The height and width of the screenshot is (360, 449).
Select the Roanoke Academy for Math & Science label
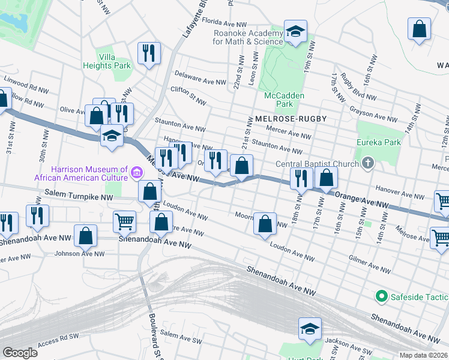click(x=247, y=38)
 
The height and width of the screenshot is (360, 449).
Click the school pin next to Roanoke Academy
click(x=295, y=33)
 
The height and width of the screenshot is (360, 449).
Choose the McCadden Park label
click(x=284, y=100)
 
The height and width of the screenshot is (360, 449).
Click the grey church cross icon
click(x=367, y=163)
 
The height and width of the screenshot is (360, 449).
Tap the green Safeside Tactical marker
click(x=381, y=296)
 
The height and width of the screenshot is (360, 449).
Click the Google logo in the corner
click(x=20, y=353)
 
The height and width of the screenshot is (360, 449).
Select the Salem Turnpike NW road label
click(x=79, y=194)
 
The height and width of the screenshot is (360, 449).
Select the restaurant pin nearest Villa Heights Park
click(x=148, y=53)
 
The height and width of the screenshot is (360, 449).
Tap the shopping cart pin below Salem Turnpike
click(x=124, y=221)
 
